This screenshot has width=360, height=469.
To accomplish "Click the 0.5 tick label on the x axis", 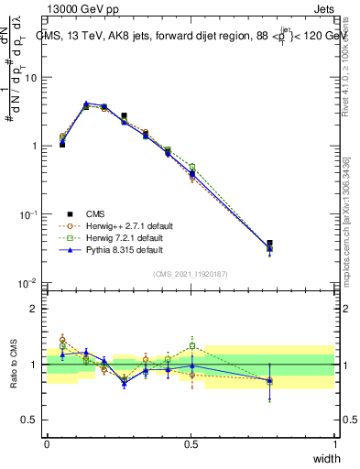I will [x=191, y=443].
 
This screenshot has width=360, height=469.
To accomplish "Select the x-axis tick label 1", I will [x=335, y=443].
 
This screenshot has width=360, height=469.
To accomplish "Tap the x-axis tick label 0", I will [x=47, y=443].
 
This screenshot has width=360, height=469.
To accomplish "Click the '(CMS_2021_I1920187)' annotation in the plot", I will [x=191, y=272].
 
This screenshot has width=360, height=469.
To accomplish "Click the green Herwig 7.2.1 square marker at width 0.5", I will [x=192, y=167].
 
